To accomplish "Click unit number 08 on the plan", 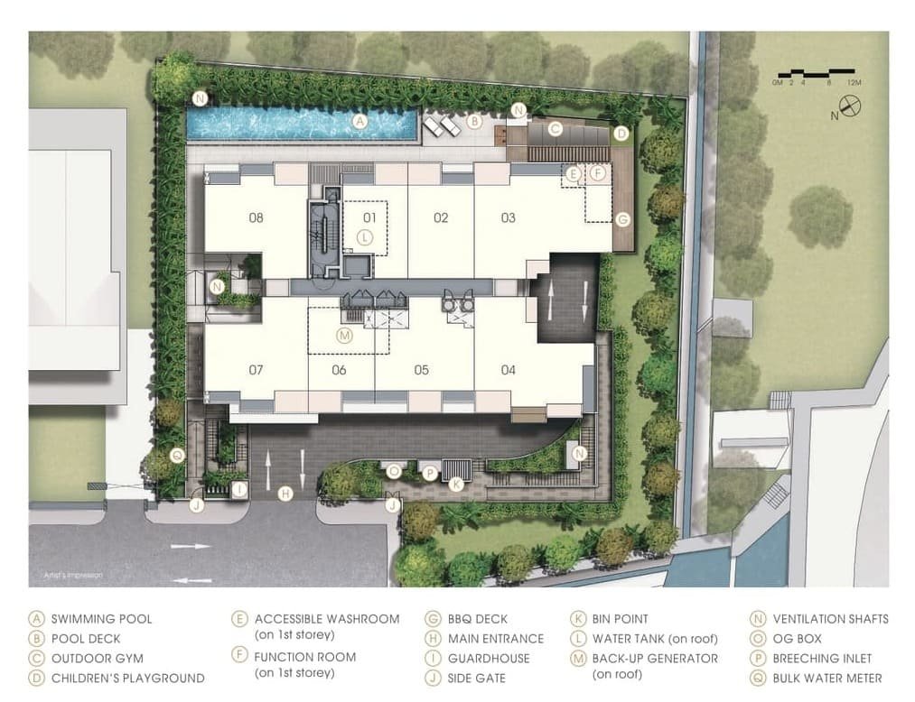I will [256, 217].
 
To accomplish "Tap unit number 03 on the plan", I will [509, 217].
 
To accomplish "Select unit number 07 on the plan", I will [256, 370].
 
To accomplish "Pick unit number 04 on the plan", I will [509, 370].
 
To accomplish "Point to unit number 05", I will [421, 370].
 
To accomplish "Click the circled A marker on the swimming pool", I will [359, 121].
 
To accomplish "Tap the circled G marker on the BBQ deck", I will [621, 219].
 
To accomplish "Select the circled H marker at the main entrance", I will [285, 493].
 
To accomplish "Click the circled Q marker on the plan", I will [177, 456].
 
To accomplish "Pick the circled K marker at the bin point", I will [456, 485].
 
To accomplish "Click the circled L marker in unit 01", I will [363, 237].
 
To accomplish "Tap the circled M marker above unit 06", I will [343, 336].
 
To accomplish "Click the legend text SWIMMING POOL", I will [101, 619].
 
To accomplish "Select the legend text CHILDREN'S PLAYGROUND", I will [127, 678].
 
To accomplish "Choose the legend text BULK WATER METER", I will [826, 678].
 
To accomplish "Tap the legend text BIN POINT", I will [620, 619].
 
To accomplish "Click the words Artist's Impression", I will [67, 574].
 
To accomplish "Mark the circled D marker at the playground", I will [621, 134].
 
